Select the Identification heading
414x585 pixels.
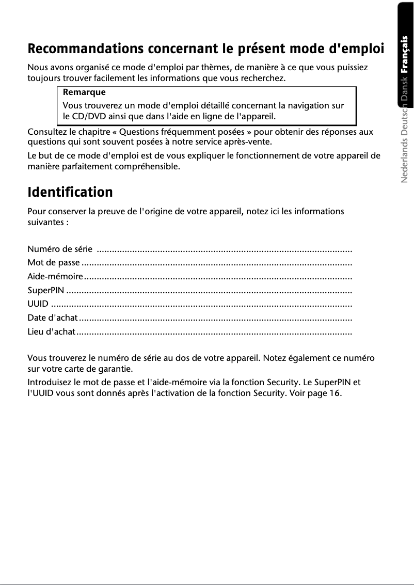coord(70,193)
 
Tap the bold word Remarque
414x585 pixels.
coord(84,92)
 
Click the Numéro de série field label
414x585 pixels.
coord(60,250)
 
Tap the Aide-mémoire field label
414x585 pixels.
coord(55,277)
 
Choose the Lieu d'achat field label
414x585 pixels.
coord(51,331)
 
